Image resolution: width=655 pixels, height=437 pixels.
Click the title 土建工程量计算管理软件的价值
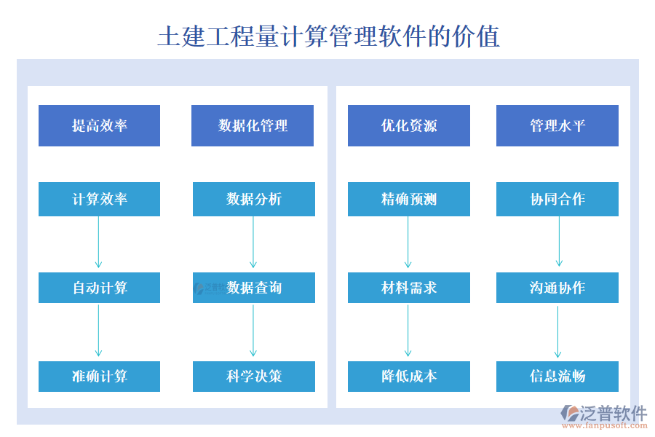click(328, 36)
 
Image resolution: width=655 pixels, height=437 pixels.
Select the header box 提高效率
click(99, 125)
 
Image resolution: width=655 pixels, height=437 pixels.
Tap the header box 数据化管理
click(253, 125)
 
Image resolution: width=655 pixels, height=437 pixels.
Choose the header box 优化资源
click(408, 125)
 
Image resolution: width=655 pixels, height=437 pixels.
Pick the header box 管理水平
click(557, 125)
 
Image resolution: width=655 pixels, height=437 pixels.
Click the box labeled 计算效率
click(99, 199)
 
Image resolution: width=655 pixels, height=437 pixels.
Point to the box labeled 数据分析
click(253, 199)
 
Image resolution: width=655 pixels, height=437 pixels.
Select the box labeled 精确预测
click(408, 199)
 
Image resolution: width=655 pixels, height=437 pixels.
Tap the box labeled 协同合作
click(557, 199)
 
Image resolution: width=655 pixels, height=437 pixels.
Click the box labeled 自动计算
click(99, 288)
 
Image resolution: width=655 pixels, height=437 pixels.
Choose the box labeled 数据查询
click(253, 288)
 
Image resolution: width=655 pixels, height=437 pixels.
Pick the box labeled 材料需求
click(408, 288)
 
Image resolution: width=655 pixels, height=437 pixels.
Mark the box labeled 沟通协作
click(557, 288)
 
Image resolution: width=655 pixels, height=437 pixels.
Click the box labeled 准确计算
click(99, 377)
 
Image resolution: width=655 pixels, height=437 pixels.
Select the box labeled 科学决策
click(253, 377)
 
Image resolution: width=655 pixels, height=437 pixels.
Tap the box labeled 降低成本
click(408, 377)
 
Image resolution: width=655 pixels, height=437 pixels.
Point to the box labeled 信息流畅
click(557, 377)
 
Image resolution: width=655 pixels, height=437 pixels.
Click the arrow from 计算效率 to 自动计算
click(98, 243)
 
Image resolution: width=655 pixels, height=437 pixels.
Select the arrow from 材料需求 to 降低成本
click(408, 331)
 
